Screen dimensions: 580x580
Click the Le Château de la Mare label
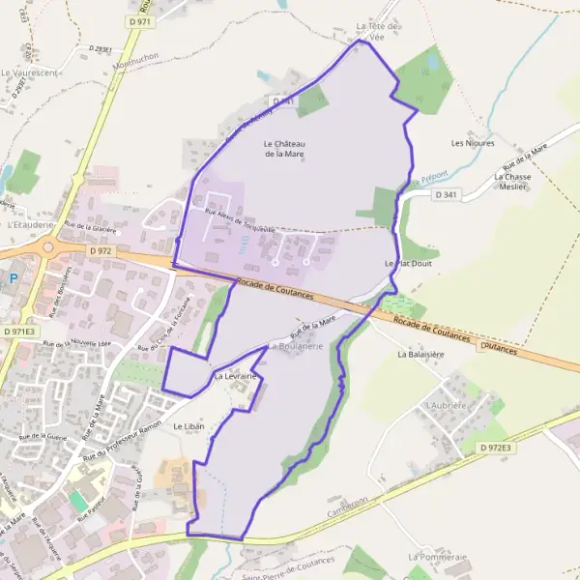(x=283, y=149)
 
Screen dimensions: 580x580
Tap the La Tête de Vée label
(x=378, y=31)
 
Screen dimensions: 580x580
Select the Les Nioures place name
(x=473, y=143)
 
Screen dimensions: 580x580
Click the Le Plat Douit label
(x=405, y=263)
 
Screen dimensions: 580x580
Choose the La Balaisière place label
(x=419, y=355)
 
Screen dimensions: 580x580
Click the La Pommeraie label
(x=437, y=558)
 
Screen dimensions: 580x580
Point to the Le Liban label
(x=188, y=426)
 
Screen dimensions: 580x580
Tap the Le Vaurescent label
(x=30, y=72)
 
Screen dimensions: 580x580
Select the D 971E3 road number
(x=18, y=331)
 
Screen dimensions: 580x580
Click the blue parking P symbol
(x=13, y=278)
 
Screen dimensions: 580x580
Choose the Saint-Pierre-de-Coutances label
(x=289, y=566)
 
